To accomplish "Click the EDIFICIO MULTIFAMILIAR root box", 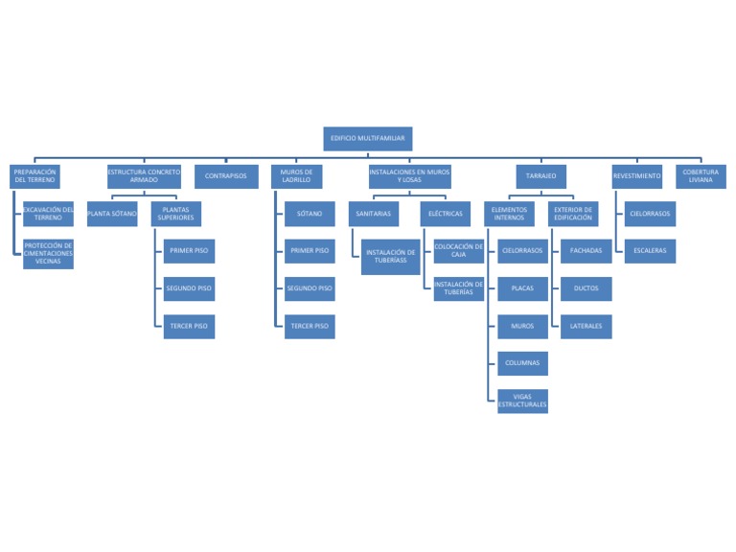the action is coord(368,139).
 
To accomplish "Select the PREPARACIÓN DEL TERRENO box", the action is coord(34,176).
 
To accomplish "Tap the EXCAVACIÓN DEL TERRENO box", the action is coord(48,214).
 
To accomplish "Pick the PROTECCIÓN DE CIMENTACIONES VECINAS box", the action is coord(48,253).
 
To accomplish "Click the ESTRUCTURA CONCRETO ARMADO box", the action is coord(144,176).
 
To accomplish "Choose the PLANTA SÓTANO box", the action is coord(112,214).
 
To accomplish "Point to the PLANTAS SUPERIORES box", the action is coord(176,214).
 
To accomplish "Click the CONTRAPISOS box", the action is coord(226,176).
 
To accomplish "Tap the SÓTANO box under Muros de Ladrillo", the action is coord(310,214).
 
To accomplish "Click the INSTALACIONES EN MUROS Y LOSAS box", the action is coord(409,176).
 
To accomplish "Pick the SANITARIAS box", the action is coord(373,214).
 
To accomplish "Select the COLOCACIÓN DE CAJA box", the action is coord(459,251).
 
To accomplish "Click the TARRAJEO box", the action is coord(540,176).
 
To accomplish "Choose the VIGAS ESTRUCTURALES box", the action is coord(522,401).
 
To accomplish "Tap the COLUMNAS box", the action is coord(522,363).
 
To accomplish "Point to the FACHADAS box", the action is coord(586,251).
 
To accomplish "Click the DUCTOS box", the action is coord(586,288).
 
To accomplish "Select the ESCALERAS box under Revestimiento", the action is coord(650,251).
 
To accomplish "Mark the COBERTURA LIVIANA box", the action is coord(701,176).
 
